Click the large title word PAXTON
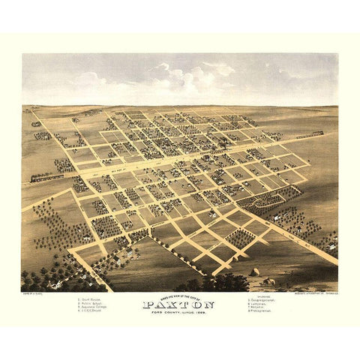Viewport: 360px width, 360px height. [179, 304]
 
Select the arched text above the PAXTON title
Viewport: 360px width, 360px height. [179, 298]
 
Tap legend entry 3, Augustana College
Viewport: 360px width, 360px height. [93, 306]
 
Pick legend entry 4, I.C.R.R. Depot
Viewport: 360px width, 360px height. [91, 310]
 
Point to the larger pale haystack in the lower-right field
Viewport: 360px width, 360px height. [255, 271]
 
